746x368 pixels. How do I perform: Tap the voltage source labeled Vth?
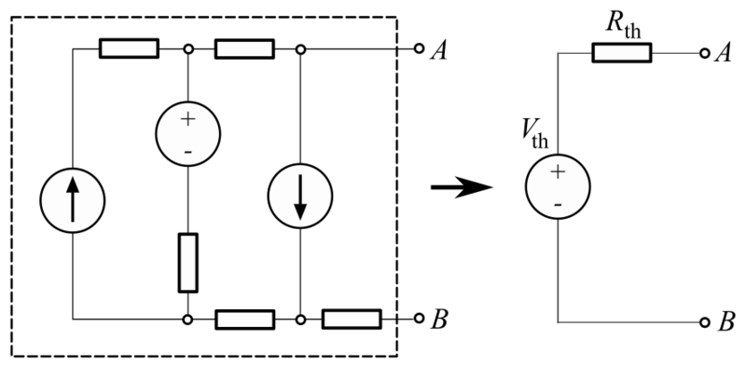pos(558,186)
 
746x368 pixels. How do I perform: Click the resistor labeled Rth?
pos(622,54)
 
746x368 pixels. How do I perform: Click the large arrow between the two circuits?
pos(461,186)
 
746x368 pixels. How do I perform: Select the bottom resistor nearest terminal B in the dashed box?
pos(352,320)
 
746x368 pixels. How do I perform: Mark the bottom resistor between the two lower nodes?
pos(244,320)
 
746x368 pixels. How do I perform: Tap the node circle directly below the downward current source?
pos(299,320)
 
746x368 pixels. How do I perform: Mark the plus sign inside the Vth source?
pos(558,170)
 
